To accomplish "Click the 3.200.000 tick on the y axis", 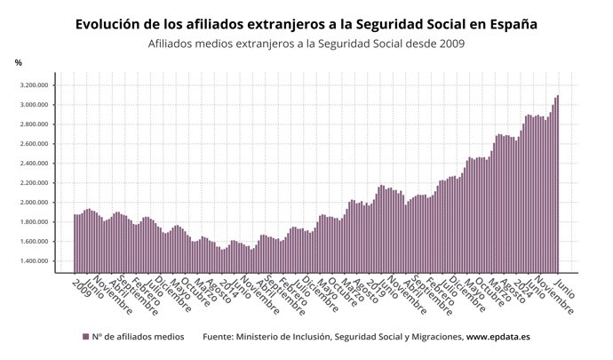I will click(x=32, y=85).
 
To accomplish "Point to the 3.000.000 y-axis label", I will click(x=32, y=105).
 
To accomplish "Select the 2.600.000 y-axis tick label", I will click(x=32, y=144).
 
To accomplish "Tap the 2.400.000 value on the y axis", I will click(x=32, y=164).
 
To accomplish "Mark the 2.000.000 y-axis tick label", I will click(x=32, y=203).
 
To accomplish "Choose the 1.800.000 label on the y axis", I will click(x=32, y=222).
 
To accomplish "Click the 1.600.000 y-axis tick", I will click(x=32, y=242).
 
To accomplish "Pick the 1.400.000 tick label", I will click(x=32, y=261).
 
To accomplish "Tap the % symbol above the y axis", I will click(x=18, y=62).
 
